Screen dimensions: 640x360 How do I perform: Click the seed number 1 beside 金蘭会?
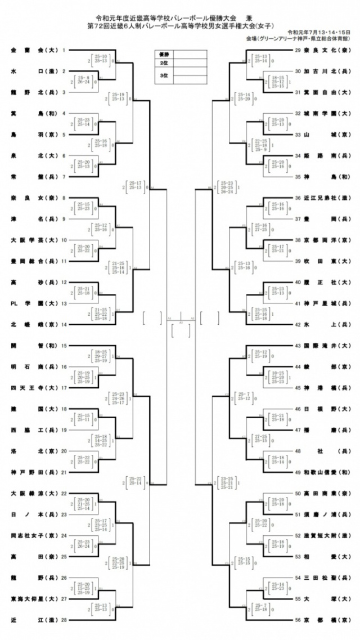pos(64,50)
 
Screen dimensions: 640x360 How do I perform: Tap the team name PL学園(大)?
pos(34,303)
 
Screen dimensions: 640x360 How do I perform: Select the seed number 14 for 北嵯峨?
pos(64,325)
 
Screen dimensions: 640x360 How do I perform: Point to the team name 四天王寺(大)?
pos(34,388)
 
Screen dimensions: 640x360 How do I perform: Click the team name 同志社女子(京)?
pos(34,535)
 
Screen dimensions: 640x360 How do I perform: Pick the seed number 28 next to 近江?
pos(64,620)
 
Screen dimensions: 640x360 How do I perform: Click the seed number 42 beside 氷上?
pos(298,325)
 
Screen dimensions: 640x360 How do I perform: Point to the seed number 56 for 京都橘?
pos(298,620)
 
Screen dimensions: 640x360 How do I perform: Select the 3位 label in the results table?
pos(164,75)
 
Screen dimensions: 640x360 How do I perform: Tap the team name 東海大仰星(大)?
pos(34,598)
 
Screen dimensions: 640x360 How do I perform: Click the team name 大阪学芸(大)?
pos(34,240)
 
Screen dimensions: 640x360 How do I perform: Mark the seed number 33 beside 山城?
pos(298,135)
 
